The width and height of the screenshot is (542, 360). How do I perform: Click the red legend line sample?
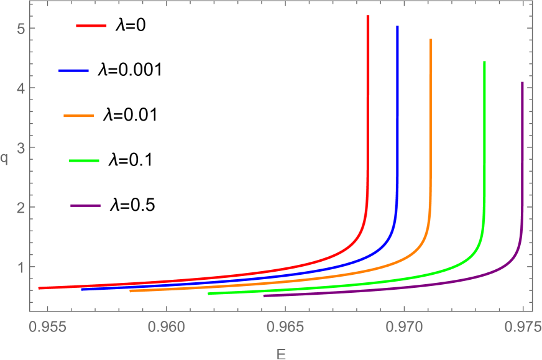pyautogui.click(x=91, y=26)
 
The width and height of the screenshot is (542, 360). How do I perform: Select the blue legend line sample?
pyautogui.click(x=74, y=71)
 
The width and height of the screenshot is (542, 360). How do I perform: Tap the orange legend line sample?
pyautogui.click(x=79, y=116)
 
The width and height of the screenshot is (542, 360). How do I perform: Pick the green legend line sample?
pyautogui.click(x=84, y=161)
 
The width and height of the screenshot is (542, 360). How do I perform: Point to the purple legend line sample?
pyautogui.click(x=86, y=206)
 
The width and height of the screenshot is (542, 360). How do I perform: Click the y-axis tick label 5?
pyautogui.click(x=21, y=29)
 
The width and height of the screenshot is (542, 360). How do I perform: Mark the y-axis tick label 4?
pyautogui.click(x=21, y=88)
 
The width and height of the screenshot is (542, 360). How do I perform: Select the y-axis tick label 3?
pyautogui.click(x=21, y=148)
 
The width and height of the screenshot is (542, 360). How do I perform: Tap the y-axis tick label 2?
pyautogui.click(x=21, y=208)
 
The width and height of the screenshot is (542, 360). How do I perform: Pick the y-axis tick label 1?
pyautogui.click(x=21, y=267)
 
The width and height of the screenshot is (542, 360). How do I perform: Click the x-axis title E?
pyautogui.click(x=281, y=353)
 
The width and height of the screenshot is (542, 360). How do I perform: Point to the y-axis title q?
pyautogui.click(x=5, y=159)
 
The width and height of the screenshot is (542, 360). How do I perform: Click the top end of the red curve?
pyautogui.click(x=368, y=16)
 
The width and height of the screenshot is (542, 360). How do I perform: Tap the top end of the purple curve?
pyautogui.click(x=522, y=83)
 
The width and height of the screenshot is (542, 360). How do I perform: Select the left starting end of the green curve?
pyautogui.click(x=209, y=293)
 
